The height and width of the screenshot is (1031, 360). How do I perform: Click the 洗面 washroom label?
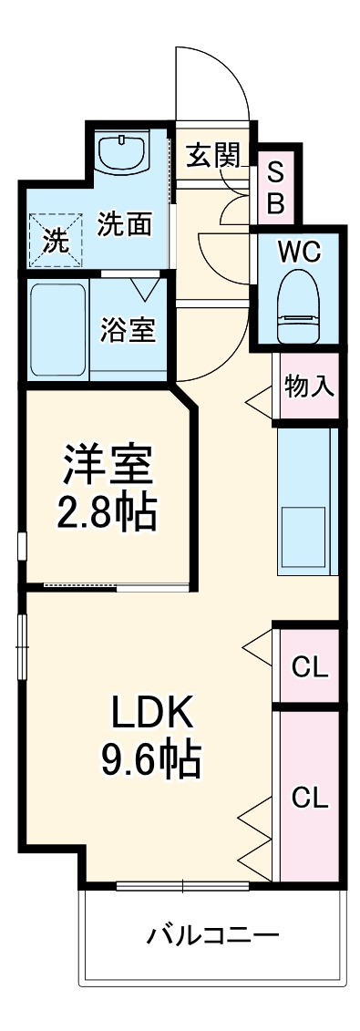124,224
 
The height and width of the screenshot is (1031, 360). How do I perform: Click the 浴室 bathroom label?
128,330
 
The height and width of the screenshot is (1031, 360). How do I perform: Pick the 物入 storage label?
308,386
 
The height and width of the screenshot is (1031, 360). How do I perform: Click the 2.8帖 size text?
107,512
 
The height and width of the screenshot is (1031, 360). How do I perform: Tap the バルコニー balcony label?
212,935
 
